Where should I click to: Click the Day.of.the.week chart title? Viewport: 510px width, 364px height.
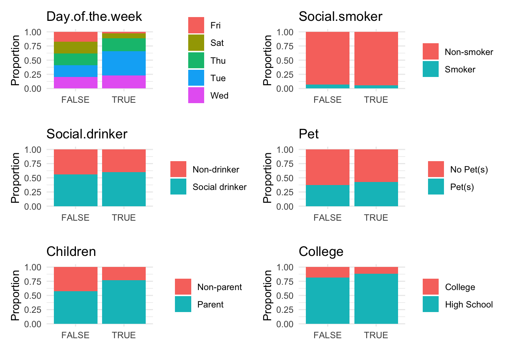tap(94, 17)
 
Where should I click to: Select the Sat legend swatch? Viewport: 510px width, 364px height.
tap(196, 43)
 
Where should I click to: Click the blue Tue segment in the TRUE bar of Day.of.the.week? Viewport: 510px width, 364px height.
tap(124, 63)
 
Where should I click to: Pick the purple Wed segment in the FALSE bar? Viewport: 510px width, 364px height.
tap(76, 83)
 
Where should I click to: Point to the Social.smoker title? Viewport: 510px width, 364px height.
tap(340, 17)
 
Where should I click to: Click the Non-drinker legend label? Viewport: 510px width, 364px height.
tap(216, 169)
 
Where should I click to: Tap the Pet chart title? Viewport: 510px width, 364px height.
tap(309, 134)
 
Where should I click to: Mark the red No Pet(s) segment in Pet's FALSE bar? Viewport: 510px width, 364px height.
tap(327, 167)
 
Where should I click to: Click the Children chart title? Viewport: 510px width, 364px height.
tap(71, 252)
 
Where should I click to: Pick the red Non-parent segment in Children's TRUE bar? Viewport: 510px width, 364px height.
tap(124, 273)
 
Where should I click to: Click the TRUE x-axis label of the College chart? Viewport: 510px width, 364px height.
tap(376, 335)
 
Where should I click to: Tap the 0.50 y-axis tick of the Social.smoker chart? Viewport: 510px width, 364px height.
tap(285, 60)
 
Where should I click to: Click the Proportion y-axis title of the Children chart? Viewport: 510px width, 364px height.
tap(15, 295)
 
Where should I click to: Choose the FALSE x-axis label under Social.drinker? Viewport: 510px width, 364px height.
tap(76, 218)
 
